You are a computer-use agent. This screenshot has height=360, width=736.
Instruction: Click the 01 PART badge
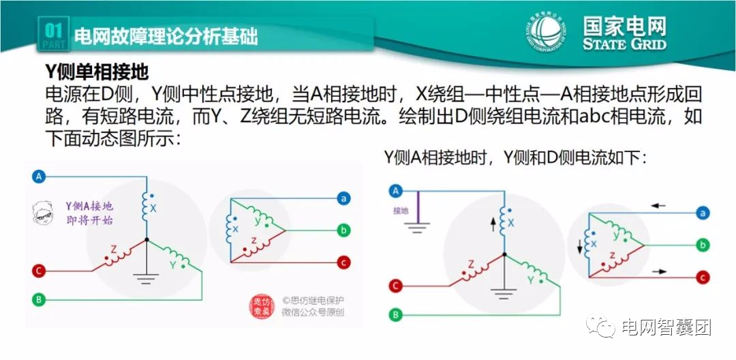(x=53, y=35)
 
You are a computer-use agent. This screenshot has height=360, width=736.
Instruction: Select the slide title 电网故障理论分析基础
(x=165, y=36)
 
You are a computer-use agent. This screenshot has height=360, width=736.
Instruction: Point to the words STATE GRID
(x=624, y=44)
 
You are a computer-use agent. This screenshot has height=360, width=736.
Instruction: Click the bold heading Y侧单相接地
(x=96, y=71)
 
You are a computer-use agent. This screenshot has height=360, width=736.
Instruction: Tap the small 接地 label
(x=401, y=211)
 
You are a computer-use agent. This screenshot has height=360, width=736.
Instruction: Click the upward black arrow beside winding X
(x=492, y=224)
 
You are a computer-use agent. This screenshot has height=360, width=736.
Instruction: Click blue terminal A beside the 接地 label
(x=395, y=191)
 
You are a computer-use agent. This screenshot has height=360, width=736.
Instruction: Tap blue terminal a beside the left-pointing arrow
(x=701, y=213)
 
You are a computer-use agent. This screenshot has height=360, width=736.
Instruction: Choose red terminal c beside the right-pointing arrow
(x=701, y=277)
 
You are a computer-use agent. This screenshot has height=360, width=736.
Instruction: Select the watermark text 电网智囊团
(x=664, y=328)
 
